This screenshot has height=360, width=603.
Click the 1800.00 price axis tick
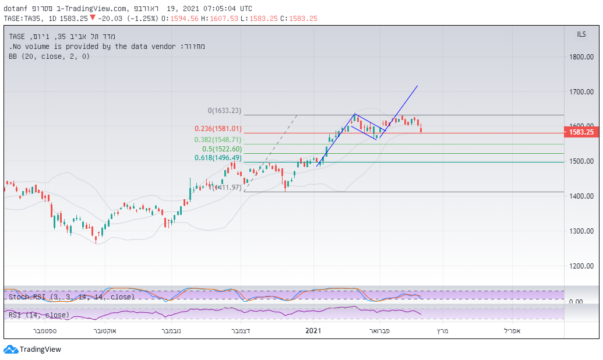(581, 57)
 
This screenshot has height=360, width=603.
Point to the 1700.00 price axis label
(581, 91)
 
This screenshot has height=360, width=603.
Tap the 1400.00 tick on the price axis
(581, 196)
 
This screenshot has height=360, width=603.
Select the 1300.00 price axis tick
(581, 231)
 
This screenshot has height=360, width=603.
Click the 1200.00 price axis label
(581, 266)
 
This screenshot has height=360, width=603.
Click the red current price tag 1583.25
(581, 132)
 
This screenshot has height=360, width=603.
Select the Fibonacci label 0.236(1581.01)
(218, 129)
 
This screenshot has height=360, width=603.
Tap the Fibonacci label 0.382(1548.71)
(218, 140)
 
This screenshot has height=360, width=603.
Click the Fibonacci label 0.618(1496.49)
(218, 158)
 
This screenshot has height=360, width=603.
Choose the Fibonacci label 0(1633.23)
(224, 111)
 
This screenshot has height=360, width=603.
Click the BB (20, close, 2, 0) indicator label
(50, 57)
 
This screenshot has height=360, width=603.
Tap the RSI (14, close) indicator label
(39, 315)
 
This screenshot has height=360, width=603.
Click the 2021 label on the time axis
(313, 330)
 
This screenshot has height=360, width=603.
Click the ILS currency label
(581, 35)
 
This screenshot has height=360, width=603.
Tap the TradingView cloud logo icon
(10, 350)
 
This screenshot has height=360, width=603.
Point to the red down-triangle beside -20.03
(92, 17)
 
